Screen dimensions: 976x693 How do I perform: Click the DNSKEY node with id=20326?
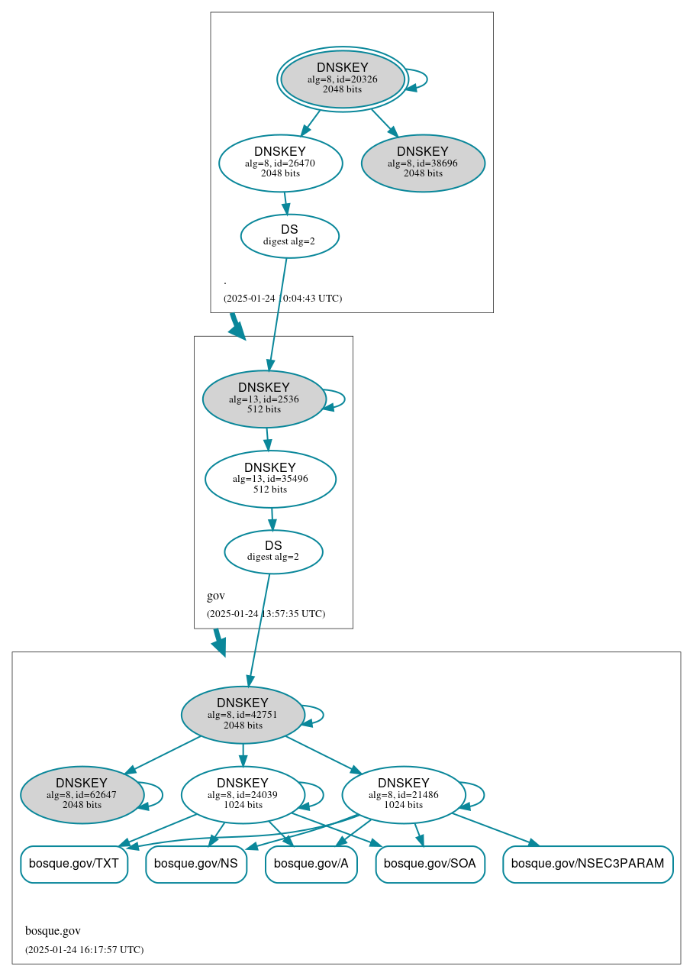point(342,79)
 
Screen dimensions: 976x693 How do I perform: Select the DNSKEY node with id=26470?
point(280,163)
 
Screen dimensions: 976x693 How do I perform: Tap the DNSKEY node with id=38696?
point(423,163)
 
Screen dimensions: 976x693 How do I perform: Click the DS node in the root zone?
point(289,235)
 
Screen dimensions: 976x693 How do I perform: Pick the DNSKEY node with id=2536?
point(264,399)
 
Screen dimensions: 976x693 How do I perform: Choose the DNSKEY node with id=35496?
point(270,479)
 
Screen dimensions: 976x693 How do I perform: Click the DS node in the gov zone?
point(273,551)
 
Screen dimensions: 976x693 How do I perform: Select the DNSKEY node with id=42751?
point(243,715)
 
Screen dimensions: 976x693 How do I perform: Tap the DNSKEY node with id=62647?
point(82,794)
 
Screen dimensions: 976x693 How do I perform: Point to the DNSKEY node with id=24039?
point(243,794)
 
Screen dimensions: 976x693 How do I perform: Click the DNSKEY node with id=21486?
point(404,794)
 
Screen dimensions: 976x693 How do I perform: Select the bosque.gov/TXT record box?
point(74,864)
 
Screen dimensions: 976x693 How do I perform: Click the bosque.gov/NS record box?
point(196,864)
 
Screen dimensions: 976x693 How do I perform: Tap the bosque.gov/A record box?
point(311,864)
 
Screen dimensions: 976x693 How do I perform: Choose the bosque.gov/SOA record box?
point(430,864)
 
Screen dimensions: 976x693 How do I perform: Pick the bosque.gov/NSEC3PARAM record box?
point(588,864)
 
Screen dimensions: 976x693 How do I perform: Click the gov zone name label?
point(216,596)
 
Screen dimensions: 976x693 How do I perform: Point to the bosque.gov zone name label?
point(53,930)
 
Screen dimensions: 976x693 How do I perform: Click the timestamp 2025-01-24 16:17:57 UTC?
point(84,949)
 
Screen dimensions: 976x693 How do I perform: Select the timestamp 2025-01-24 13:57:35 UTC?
point(266,613)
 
